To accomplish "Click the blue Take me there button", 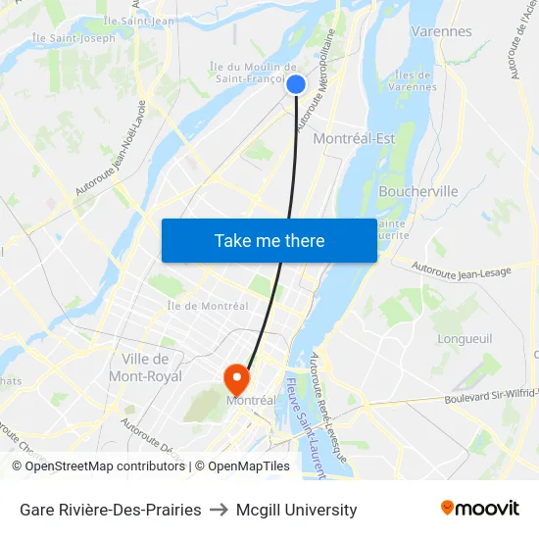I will [269, 240].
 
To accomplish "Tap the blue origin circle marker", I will [296, 85].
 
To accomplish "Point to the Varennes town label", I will [441, 31].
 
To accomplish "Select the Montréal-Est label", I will [354, 139].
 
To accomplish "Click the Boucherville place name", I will [417, 191].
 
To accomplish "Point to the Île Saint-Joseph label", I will [73, 38].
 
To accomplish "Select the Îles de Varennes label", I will [412, 80].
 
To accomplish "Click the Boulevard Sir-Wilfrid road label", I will [490, 396].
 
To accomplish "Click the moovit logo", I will [479, 508].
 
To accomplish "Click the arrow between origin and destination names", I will [219, 510].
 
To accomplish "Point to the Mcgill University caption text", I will [296, 510].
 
